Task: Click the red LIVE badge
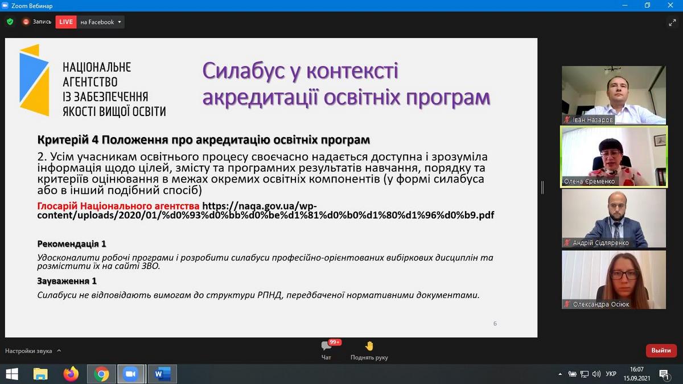click(66, 22)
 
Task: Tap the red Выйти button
click(661, 350)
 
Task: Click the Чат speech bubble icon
click(326, 346)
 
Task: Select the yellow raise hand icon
click(369, 346)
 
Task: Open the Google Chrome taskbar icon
click(101, 374)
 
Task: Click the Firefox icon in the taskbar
click(71, 374)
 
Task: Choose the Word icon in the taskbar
click(162, 374)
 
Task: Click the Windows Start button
click(12, 374)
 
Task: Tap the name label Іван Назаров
click(593, 120)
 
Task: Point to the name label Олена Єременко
click(589, 181)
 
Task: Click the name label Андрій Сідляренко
click(600, 243)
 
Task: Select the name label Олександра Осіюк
click(600, 304)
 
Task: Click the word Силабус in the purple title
click(244, 71)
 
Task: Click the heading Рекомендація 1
click(72, 244)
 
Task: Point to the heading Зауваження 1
click(67, 281)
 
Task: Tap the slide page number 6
click(495, 323)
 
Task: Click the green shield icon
click(10, 22)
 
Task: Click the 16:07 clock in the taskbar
click(636, 369)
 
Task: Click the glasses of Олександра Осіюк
click(624, 275)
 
